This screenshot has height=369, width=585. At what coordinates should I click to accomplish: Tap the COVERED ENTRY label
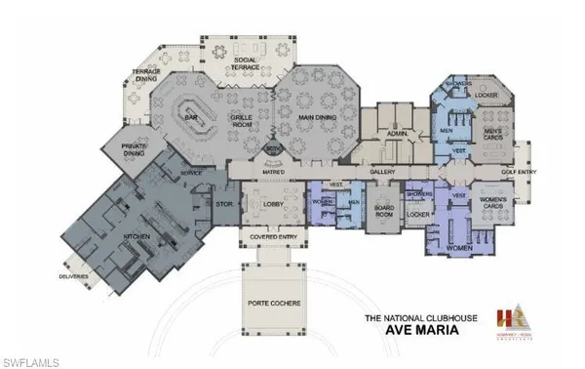pos(268,237)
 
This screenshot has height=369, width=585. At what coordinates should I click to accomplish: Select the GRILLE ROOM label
pos(243,120)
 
